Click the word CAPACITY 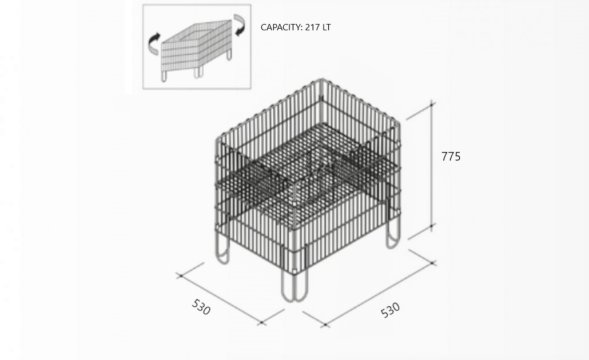pos(281,27)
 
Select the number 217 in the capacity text pos(313,27)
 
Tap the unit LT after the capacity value pos(327,27)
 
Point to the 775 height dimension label pos(451,156)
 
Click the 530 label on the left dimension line pos(201,307)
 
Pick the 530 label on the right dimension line pos(391,310)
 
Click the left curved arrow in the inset pos(154,43)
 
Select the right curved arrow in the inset pos(240,25)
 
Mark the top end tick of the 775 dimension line pos(432,104)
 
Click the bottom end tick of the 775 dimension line pos(432,226)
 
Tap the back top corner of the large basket pos(321,80)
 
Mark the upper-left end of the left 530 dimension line pos(180,276)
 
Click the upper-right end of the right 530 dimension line pos(433,263)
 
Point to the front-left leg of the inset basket pos(164,76)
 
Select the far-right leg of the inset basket pos(229,55)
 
